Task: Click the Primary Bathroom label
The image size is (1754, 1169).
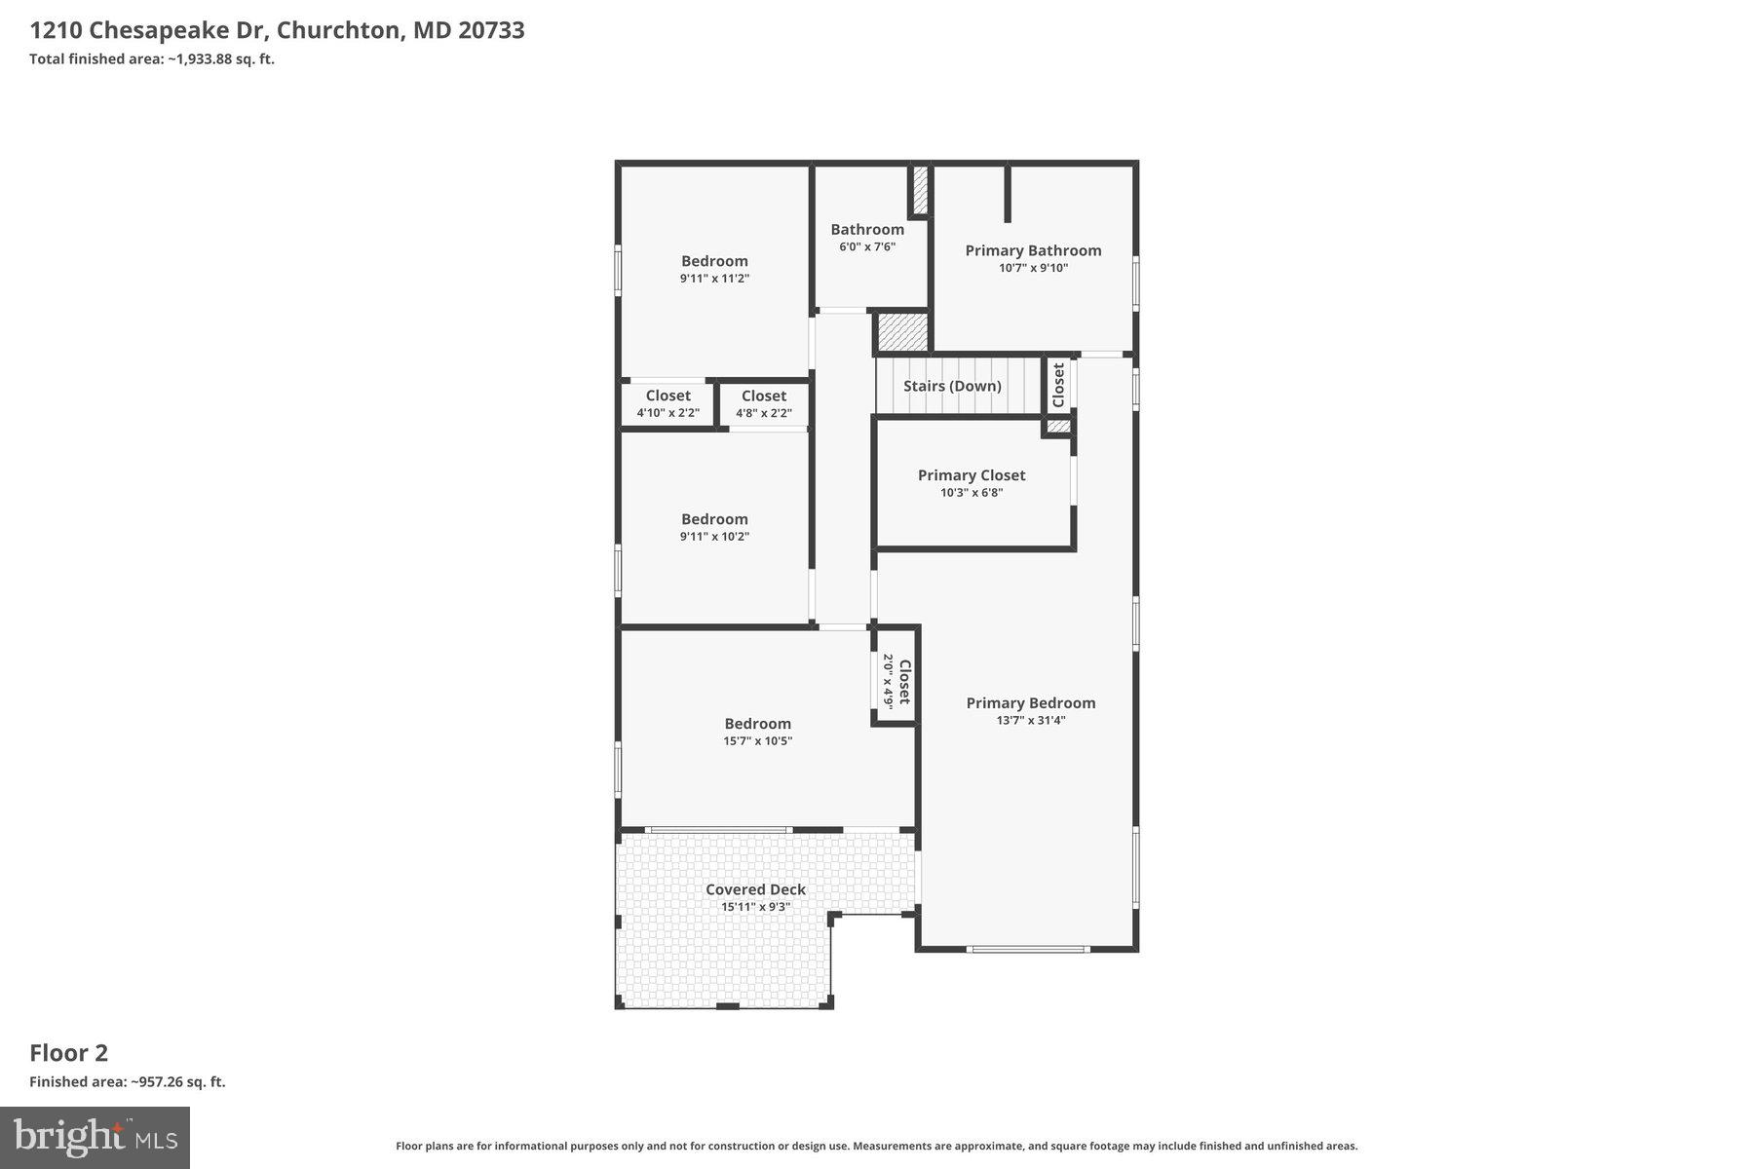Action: tap(1033, 250)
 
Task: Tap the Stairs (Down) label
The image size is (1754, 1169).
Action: tap(952, 386)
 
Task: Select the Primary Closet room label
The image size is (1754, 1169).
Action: tap(972, 475)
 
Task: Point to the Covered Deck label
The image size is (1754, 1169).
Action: tap(755, 889)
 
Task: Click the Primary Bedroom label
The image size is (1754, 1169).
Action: tap(1031, 703)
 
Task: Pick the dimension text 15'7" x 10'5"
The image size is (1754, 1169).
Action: tap(757, 741)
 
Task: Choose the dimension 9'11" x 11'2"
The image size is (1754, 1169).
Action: tap(714, 279)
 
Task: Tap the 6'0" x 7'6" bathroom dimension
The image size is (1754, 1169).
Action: tap(867, 247)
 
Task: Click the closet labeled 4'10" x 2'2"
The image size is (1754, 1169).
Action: tap(667, 404)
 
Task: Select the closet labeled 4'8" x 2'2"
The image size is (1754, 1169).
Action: tap(764, 404)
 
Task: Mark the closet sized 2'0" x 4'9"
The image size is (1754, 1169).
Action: tap(896, 681)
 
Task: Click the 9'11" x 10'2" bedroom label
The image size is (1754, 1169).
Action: tap(714, 527)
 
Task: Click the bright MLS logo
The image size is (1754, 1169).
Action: tap(95, 1137)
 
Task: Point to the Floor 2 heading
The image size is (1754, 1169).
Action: tap(68, 1053)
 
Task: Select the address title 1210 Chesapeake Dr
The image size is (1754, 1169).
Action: tap(146, 30)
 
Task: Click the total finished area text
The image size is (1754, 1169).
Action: tap(152, 59)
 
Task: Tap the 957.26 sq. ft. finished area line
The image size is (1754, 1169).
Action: tap(128, 1082)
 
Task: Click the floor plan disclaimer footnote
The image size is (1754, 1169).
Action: tap(876, 1147)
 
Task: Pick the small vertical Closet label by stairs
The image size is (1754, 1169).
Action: tap(1058, 385)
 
